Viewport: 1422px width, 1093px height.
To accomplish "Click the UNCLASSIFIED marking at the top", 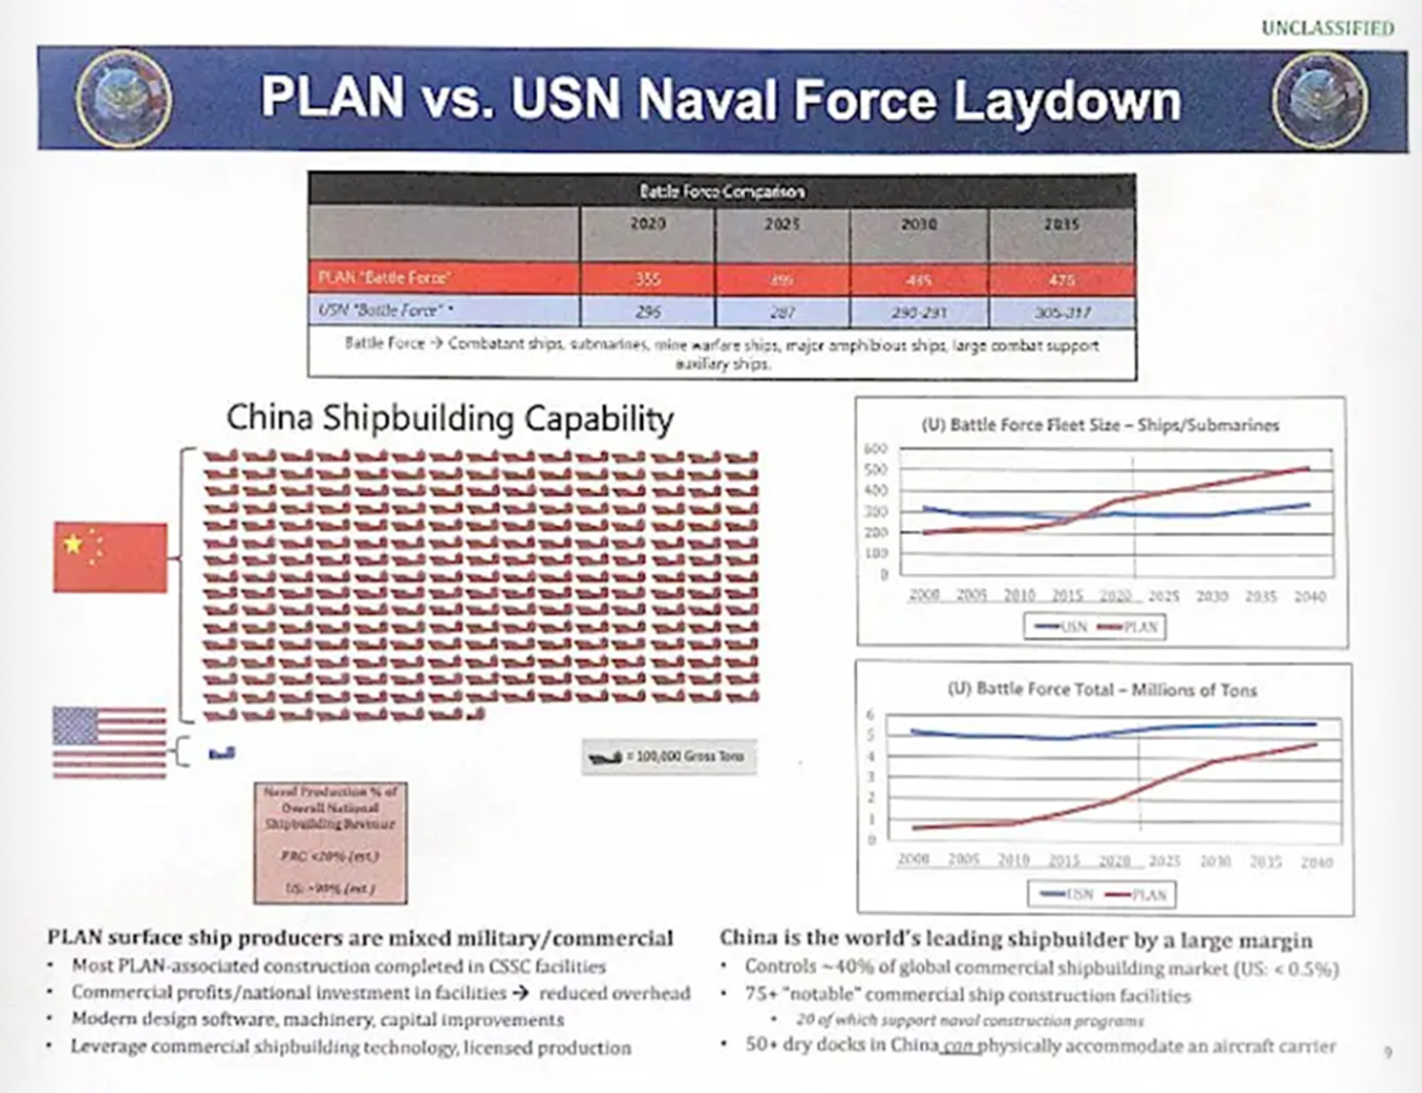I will (1327, 28).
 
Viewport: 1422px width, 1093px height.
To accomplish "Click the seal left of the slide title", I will (123, 99).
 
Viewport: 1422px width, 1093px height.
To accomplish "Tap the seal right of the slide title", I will (1320, 100).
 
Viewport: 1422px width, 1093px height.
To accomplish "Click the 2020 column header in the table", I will (647, 224).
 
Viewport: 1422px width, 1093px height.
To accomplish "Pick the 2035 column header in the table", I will (1061, 224).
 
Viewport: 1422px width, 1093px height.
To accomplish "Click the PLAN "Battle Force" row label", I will (384, 278).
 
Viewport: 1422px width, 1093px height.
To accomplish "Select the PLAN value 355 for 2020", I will (647, 280).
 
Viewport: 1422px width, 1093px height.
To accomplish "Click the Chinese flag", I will (111, 557).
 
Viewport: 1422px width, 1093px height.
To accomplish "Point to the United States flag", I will (109, 742).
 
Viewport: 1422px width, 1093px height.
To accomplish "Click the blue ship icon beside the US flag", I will (222, 754).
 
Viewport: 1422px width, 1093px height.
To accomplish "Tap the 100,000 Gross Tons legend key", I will (669, 757).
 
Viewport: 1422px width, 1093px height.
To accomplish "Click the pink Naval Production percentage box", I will (330, 843).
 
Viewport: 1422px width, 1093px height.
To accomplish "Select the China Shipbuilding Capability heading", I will (450, 418).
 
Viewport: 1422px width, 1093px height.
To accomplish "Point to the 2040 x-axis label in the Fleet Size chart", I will (1309, 597).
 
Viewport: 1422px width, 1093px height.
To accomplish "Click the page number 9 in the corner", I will (1388, 1053).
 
